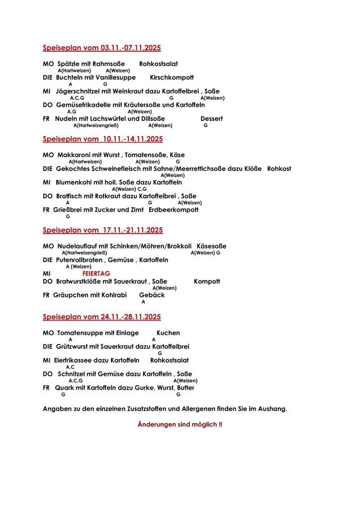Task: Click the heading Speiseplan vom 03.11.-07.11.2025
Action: pyautogui.click(x=101, y=48)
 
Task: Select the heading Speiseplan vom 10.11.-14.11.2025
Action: pyautogui.click(x=102, y=139)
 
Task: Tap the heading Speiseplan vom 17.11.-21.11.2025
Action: pyautogui.click(x=102, y=230)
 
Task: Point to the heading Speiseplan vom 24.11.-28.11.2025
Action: pyautogui.click(x=101, y=317)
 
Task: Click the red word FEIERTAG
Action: pyautogui.click(x=96, y=273)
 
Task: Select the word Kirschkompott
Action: pyautogui.click(x=172, y=78)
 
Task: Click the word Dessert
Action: pyautogui.click(x=211, y=119)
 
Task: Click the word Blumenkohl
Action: pyautogui.click(x=76, y=182)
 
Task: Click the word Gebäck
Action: pyautogui.click(x=152, y=295)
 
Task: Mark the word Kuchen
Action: pyautogui.click(x=168, y=333)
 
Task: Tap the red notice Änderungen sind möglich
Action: pyautogui.click(x=180, y=425)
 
